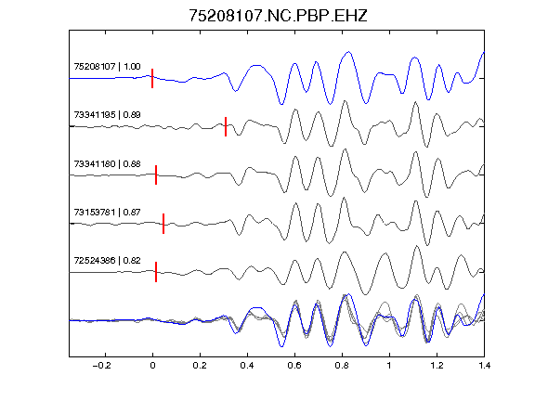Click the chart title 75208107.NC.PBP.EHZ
(x=278, y=16)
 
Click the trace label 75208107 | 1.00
(x=107, y=66)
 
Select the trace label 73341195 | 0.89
(x=107, y=114)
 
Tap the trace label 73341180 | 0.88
(x=107, y=163)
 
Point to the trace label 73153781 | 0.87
(x=107, y=212)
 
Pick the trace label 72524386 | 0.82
(x=107, y=261)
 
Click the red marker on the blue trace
(x=152, y=78)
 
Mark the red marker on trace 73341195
(x=226, y=126)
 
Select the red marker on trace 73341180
(x=156, y=175)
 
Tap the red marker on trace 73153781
(x=163, y=224)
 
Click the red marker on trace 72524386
(x=156, y=272)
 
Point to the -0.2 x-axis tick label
(x=101, y=366)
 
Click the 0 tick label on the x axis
(x=152, y=366)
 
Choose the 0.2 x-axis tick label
(x=200, y=366)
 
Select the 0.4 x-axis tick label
(x=247, y=366)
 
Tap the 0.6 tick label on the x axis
(x=294, y=366)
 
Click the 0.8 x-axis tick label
(x=342, y=366)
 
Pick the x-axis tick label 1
(x=389, y=366)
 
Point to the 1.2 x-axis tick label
(x=437, y=366)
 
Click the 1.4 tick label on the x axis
(x=484, y=366)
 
